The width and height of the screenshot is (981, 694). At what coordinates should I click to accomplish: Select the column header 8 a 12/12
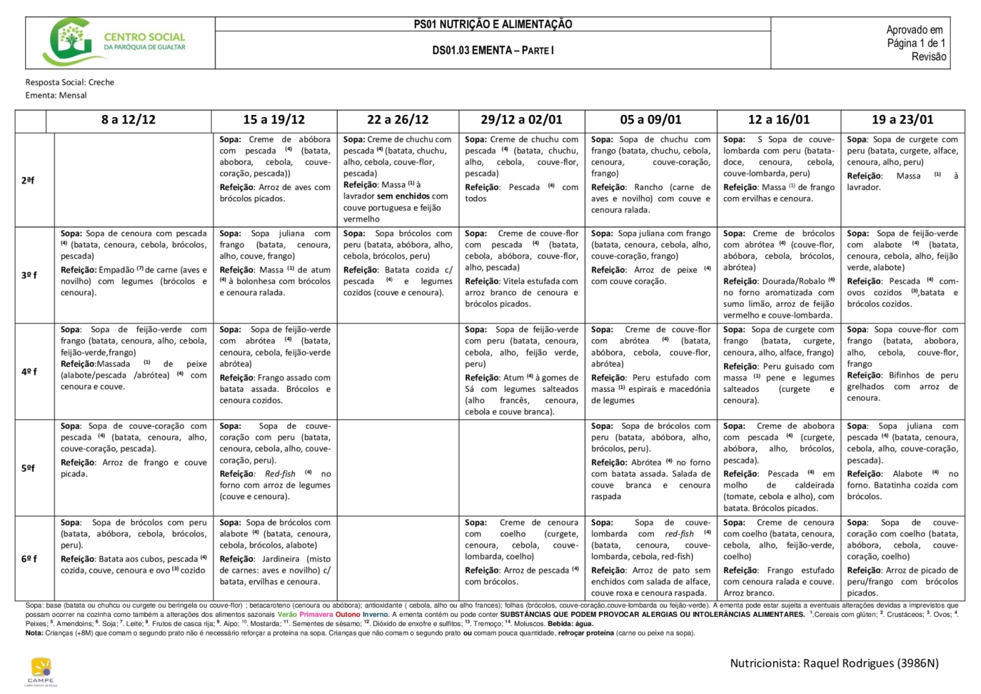(x=128, y=120)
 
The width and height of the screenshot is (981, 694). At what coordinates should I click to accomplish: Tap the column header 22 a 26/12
(x=398, y=120)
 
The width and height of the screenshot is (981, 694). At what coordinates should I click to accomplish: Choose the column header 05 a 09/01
(x=650, y=120)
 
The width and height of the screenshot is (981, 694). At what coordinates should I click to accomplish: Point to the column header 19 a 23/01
(x=902, y=120)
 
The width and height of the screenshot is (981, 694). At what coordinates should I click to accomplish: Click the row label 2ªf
(x=28, y=180)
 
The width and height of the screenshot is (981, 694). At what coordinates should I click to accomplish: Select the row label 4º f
(x=30, y=371)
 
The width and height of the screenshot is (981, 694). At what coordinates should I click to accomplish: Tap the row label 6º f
(x=30, y=558)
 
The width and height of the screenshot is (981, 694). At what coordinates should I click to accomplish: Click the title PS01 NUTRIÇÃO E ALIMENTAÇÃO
(x=493, y=24)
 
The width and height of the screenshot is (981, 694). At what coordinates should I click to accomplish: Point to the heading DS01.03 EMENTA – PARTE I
(x=493, y=50)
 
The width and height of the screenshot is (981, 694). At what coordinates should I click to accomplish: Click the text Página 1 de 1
(x=916, y=43)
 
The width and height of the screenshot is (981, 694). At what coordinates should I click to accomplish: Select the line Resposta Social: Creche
(x=70, y=82)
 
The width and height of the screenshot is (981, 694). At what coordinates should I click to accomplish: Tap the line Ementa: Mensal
(x=56, y=95)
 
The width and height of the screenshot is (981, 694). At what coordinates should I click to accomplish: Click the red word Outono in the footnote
(x=348, y=614)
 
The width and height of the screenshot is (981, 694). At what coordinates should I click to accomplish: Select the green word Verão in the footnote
(x=287, y=614)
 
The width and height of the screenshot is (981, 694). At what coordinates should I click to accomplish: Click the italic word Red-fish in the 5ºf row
(x=280, y=474)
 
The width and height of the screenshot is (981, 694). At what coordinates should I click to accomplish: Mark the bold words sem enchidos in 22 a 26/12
(x=403, y=196)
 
